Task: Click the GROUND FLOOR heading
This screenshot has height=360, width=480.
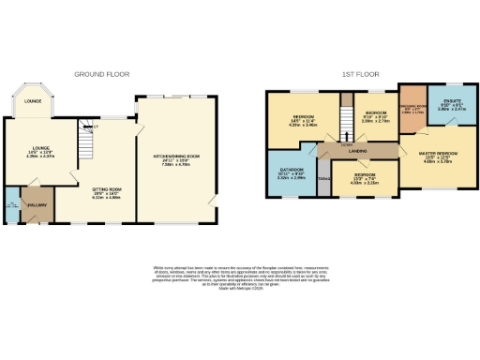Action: click(x=102, y=73)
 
